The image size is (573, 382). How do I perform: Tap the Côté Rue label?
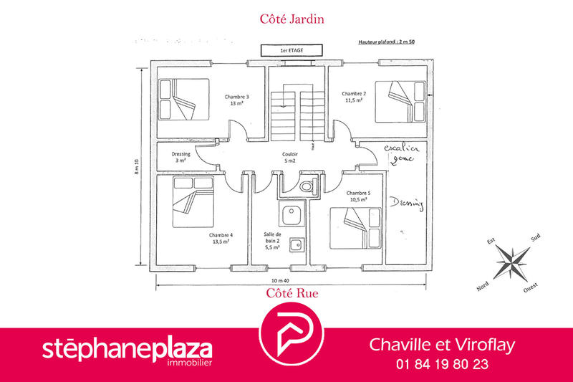[292, 292]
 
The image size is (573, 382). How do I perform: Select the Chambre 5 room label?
[357, 196]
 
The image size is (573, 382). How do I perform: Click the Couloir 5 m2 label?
[290, 157]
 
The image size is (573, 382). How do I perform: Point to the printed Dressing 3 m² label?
[180, 157]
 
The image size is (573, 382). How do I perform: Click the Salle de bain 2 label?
[272, 239]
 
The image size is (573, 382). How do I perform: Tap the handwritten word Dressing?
[407, 204]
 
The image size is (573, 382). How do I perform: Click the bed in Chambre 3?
[183, 100]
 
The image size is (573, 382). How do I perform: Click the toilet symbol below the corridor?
[307, 186]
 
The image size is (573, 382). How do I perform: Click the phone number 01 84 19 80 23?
[442, 364]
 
